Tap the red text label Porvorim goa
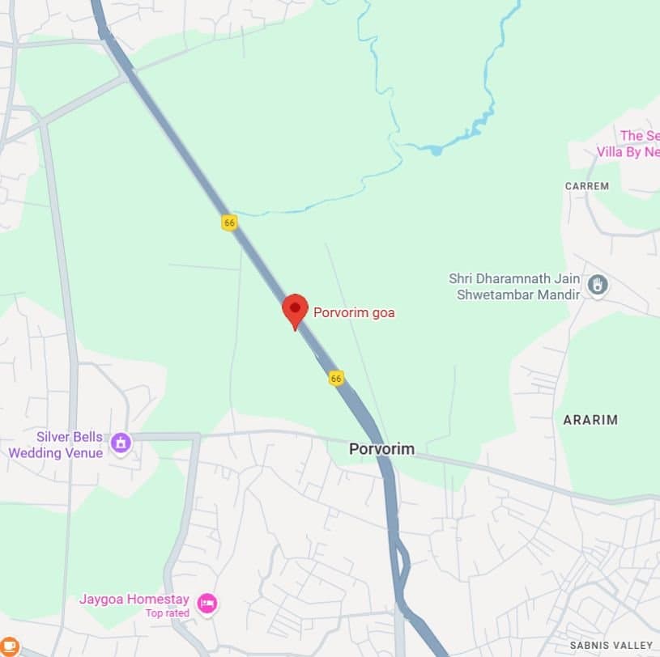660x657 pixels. (x=354, y=312)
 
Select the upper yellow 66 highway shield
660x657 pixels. (x=229, y=222)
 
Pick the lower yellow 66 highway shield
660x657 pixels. (x=336, y=378)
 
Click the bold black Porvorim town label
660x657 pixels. (x=381, y=448)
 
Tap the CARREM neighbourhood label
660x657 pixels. (x=586, y=186)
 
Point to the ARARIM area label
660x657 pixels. (x=590, y=420)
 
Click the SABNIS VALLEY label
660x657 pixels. (x=611, y=645)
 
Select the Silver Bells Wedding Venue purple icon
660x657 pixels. (x=121, y=443)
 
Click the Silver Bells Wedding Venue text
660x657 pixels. (x=56, y=445)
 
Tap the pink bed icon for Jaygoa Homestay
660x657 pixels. (x=207, y=603)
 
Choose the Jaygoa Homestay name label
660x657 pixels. (x=134, y=600)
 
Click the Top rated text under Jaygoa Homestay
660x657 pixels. (x=167, y=613)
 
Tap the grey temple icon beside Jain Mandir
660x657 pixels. (x=598, y=285)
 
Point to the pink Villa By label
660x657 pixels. (x=628, y=152)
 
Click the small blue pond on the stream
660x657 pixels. (x=436, y=150)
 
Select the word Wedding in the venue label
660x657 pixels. (x=33, y=453)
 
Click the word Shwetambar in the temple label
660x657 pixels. (x=496, y=295)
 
